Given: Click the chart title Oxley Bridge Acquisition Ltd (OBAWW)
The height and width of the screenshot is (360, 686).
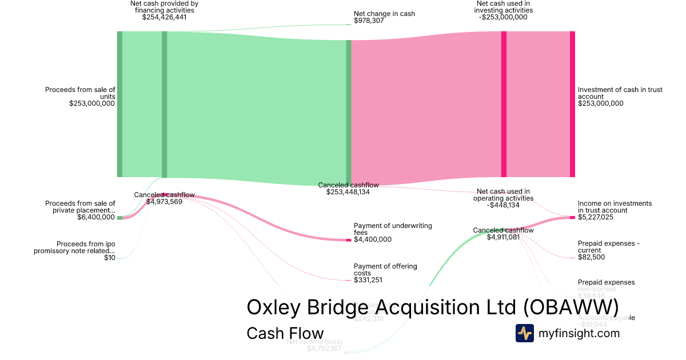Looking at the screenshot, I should click(432, 307).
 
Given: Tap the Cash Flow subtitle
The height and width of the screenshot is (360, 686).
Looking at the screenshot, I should click(285, 333).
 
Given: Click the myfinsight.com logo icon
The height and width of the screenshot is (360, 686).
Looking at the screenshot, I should click(524, 333).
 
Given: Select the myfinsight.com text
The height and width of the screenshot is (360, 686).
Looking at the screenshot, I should click(579, 333).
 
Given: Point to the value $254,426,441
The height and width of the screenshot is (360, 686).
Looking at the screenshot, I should click(164, 17).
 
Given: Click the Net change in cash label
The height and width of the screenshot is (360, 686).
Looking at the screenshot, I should click(384, 14).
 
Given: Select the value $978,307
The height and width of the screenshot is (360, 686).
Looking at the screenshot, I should click(369, 21).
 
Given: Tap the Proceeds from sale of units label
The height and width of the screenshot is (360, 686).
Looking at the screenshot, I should click(80, 93).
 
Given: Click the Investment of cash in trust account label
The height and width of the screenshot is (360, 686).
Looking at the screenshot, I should click(620, 93).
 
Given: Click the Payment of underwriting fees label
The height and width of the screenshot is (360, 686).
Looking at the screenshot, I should click(393, 229).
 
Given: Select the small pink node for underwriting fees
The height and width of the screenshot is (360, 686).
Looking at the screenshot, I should click(349, 239).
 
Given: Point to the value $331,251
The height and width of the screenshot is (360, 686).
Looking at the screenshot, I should click(369, 280).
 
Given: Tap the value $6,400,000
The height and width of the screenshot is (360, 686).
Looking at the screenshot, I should click(96, 217).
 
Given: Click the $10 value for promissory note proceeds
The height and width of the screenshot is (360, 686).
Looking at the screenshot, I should click(109, 258).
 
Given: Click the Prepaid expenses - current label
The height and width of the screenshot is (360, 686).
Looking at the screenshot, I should click(608, 247).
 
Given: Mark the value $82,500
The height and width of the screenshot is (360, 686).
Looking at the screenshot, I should click(591, 257).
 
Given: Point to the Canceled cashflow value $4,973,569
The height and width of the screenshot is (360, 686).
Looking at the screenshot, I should click(164, 202).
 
